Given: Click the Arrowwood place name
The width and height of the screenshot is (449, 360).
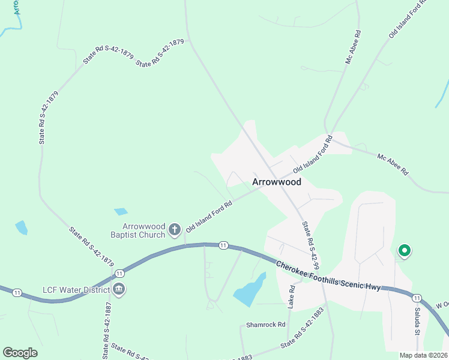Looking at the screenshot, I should (276, 181).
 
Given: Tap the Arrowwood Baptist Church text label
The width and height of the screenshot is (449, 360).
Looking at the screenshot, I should (143, 230).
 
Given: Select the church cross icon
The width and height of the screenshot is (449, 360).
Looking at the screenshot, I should (175, 229).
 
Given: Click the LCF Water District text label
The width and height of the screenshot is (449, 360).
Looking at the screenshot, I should (76, 290).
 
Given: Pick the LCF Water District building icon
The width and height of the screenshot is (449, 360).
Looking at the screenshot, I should (119, 290).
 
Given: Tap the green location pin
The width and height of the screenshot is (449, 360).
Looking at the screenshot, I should (405, 250).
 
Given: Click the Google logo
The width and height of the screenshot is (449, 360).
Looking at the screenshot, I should (20, 353).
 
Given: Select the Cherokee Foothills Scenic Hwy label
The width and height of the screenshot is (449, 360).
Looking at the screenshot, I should (328, 276).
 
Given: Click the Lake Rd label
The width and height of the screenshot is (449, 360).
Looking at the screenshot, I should (292, 296).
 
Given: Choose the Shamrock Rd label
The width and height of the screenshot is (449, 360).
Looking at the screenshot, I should (265, 325).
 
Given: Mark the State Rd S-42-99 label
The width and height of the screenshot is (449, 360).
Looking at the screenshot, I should (310, 246).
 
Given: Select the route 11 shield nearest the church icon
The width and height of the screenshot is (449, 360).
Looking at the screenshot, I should (223, 245).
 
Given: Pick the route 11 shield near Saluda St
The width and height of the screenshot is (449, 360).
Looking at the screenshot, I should (417, 298).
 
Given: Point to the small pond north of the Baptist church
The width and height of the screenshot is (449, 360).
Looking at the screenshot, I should (121, 212).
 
